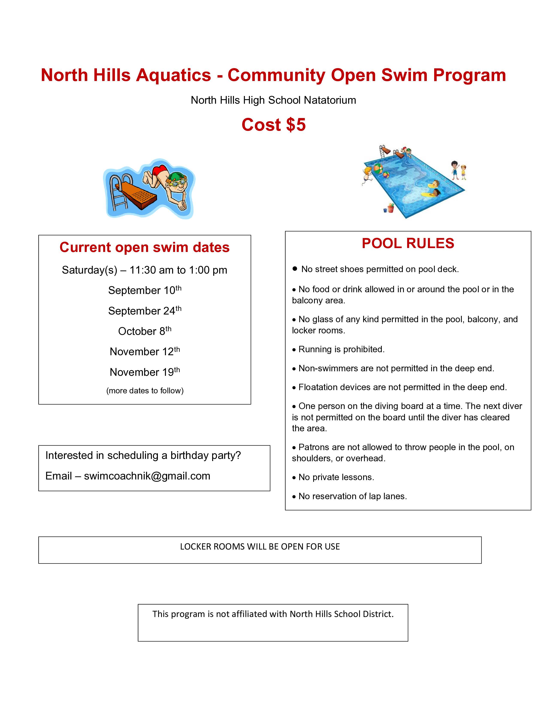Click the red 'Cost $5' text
273,125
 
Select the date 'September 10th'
145,290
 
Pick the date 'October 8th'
145,331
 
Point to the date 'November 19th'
145,372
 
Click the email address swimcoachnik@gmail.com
147,476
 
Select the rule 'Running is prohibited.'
341,349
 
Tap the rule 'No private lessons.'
336,477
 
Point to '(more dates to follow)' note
145,391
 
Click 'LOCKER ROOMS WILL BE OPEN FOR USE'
260,547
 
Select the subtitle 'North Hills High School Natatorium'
273,100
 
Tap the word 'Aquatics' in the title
173,75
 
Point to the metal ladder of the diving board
118,191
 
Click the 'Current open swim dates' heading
145,247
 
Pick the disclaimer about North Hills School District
273,614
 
